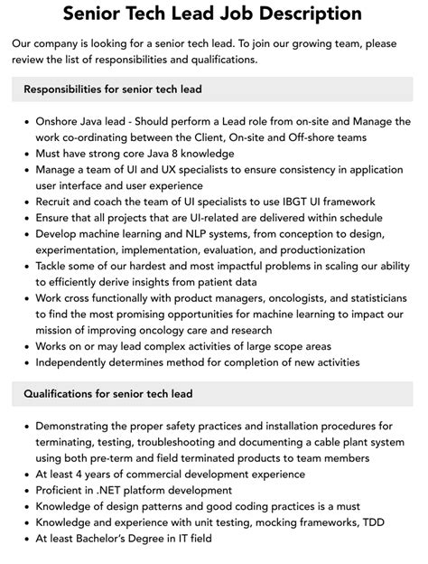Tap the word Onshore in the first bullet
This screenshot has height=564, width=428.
coord(61,120)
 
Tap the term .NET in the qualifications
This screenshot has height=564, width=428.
coord(107,489)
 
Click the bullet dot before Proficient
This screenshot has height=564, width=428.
coord(27,490)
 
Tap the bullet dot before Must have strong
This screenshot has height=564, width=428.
coord(27,154)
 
